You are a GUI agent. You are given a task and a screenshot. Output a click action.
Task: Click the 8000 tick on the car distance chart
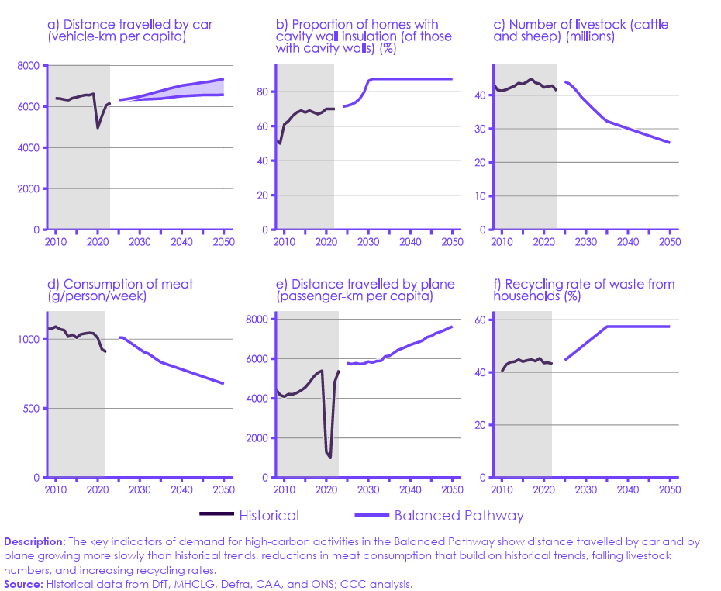tap(28, 66)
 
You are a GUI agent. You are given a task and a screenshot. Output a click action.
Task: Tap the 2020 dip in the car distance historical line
tap(98, 127)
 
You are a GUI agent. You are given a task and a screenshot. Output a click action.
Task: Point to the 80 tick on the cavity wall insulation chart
tap(262, 92)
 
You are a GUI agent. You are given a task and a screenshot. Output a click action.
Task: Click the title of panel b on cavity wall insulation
tap(364, 31)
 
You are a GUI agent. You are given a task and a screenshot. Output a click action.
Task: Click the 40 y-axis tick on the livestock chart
tap(481, 95)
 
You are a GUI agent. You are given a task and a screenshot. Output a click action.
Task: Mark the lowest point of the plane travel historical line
tap(330, 458)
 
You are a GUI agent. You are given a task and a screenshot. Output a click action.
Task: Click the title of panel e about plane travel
tap(365, 291)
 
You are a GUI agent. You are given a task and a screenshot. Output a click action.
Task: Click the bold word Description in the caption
tap(35, 541)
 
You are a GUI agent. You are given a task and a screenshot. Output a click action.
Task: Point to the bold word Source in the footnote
tap(23, 584)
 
